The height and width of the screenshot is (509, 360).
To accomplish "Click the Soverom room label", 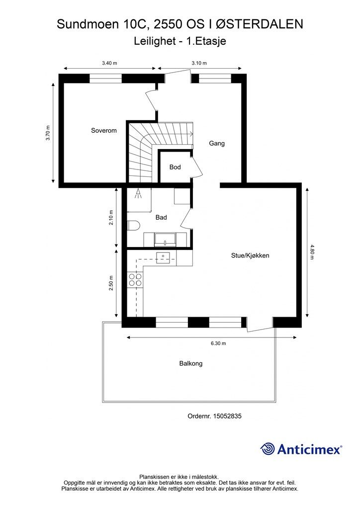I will [103, 131].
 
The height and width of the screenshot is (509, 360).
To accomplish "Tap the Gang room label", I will [217, 144].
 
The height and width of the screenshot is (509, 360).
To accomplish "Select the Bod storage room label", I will [175, 168].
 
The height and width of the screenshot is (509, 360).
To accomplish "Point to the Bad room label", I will [161, 218].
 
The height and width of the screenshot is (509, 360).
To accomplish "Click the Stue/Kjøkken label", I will [250, 256].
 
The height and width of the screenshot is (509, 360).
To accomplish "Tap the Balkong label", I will [191, 364].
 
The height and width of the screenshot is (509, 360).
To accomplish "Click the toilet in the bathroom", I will [132, 226].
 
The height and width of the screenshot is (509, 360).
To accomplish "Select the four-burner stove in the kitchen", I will [135, 279].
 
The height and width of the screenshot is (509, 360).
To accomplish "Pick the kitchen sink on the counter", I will [163, 257].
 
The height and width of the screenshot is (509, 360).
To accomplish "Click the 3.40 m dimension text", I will [109, 63].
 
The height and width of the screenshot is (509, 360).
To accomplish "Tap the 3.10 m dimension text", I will [199, 63].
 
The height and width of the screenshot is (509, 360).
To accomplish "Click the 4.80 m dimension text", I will [312, 251].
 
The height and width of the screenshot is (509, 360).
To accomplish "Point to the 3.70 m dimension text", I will [48, 133].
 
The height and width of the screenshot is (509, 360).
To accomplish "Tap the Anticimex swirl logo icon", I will [268, 449].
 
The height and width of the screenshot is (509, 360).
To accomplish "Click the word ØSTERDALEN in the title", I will [260, 24].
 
